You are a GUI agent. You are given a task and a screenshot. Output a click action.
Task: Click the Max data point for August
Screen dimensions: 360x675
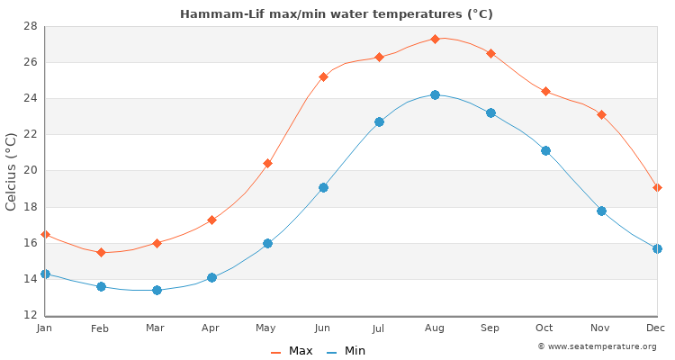tap(435, 39)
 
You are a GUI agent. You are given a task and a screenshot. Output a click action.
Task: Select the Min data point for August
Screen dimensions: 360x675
tap(435, 94)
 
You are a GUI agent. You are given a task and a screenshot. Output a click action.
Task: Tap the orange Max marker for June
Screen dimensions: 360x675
tap(323, 76)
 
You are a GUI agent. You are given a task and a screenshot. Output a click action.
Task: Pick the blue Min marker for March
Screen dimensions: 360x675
tap(157, 290)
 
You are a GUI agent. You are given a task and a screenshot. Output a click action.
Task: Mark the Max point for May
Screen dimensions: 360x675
tap(267, 163)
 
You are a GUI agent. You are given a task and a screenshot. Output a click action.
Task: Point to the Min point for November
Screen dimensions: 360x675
tap(601, 211)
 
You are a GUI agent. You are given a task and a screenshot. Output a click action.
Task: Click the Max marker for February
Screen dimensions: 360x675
tap(101, 252)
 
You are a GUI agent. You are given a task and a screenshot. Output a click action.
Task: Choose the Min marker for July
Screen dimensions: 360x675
tap(379, 121)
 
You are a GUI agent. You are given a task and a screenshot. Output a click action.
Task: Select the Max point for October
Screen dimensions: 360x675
tap(545, 91)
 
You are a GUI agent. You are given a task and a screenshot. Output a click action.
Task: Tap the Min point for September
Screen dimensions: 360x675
tap(490, 112)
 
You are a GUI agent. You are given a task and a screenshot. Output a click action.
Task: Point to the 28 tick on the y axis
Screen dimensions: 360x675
tap(29, 26)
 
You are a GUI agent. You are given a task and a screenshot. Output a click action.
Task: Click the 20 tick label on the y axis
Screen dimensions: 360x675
tap(29, 171)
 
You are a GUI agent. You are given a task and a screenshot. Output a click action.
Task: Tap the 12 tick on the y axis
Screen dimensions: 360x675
tap(29, 315)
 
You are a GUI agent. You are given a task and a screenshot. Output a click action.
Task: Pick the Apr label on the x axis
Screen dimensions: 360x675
tap(211, 328)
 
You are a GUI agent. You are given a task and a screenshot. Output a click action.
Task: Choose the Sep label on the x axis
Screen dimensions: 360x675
tap(490, 328)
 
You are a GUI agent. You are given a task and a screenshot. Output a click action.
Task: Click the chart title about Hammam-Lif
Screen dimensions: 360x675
tap(337, 13)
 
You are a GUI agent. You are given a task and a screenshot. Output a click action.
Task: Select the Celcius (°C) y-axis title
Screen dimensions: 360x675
tap(12, 171)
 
